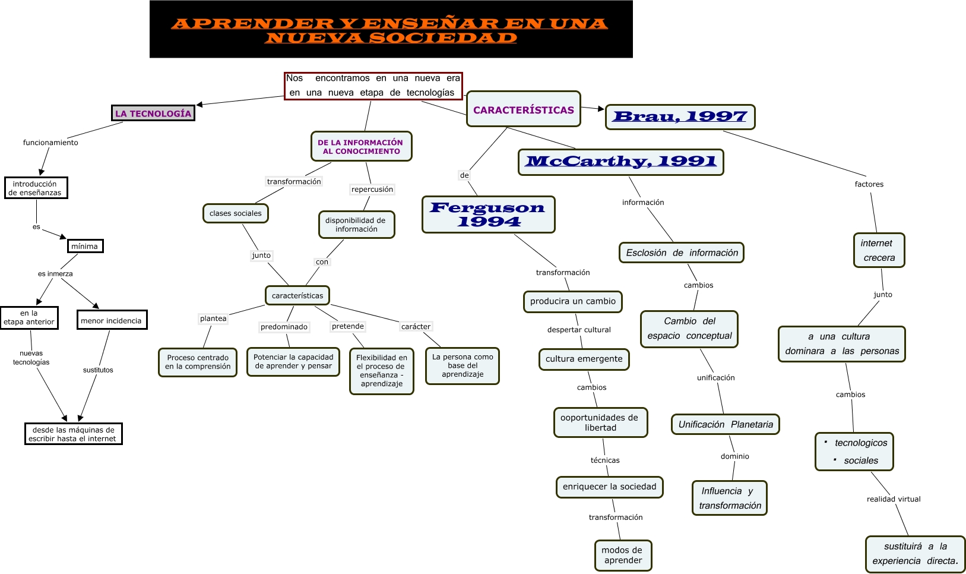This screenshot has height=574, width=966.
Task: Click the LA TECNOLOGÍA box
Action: click(x=153, y=113)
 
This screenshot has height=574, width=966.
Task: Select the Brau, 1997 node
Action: click(x=680, y=116)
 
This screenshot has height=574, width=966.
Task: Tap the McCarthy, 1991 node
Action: click(x=621, y=162)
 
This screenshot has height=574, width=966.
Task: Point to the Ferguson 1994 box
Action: click(x=488, y=215)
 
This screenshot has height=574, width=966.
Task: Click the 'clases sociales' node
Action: click(x=235, y=213)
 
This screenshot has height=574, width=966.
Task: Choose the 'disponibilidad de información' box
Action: click(x=356, y=225)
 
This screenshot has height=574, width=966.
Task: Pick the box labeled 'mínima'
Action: click(x=85, y=246)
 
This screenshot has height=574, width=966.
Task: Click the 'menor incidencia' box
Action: click(x=112, y=320)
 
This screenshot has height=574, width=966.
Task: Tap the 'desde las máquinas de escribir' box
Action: click(x=73, y=434)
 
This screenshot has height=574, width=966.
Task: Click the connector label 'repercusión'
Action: click(x=372, y=190)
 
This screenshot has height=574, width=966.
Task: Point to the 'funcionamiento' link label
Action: click(x=50, y=143)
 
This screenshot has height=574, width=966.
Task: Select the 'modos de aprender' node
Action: click(x=623, y=555)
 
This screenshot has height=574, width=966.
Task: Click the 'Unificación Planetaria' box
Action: click(x=726, y=424)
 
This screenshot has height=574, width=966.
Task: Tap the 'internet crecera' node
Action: click(x=879, y=250)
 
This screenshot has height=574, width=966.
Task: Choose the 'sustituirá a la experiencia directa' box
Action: click(x=915, y=554)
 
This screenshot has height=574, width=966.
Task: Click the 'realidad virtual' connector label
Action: click(x=893, y=499)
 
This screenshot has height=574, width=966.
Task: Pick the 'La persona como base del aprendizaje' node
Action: click(x=463, y=365)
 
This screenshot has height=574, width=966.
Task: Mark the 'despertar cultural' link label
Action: click(x=578, y=330)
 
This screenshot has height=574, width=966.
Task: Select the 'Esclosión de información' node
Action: click(x=682, y=253)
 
